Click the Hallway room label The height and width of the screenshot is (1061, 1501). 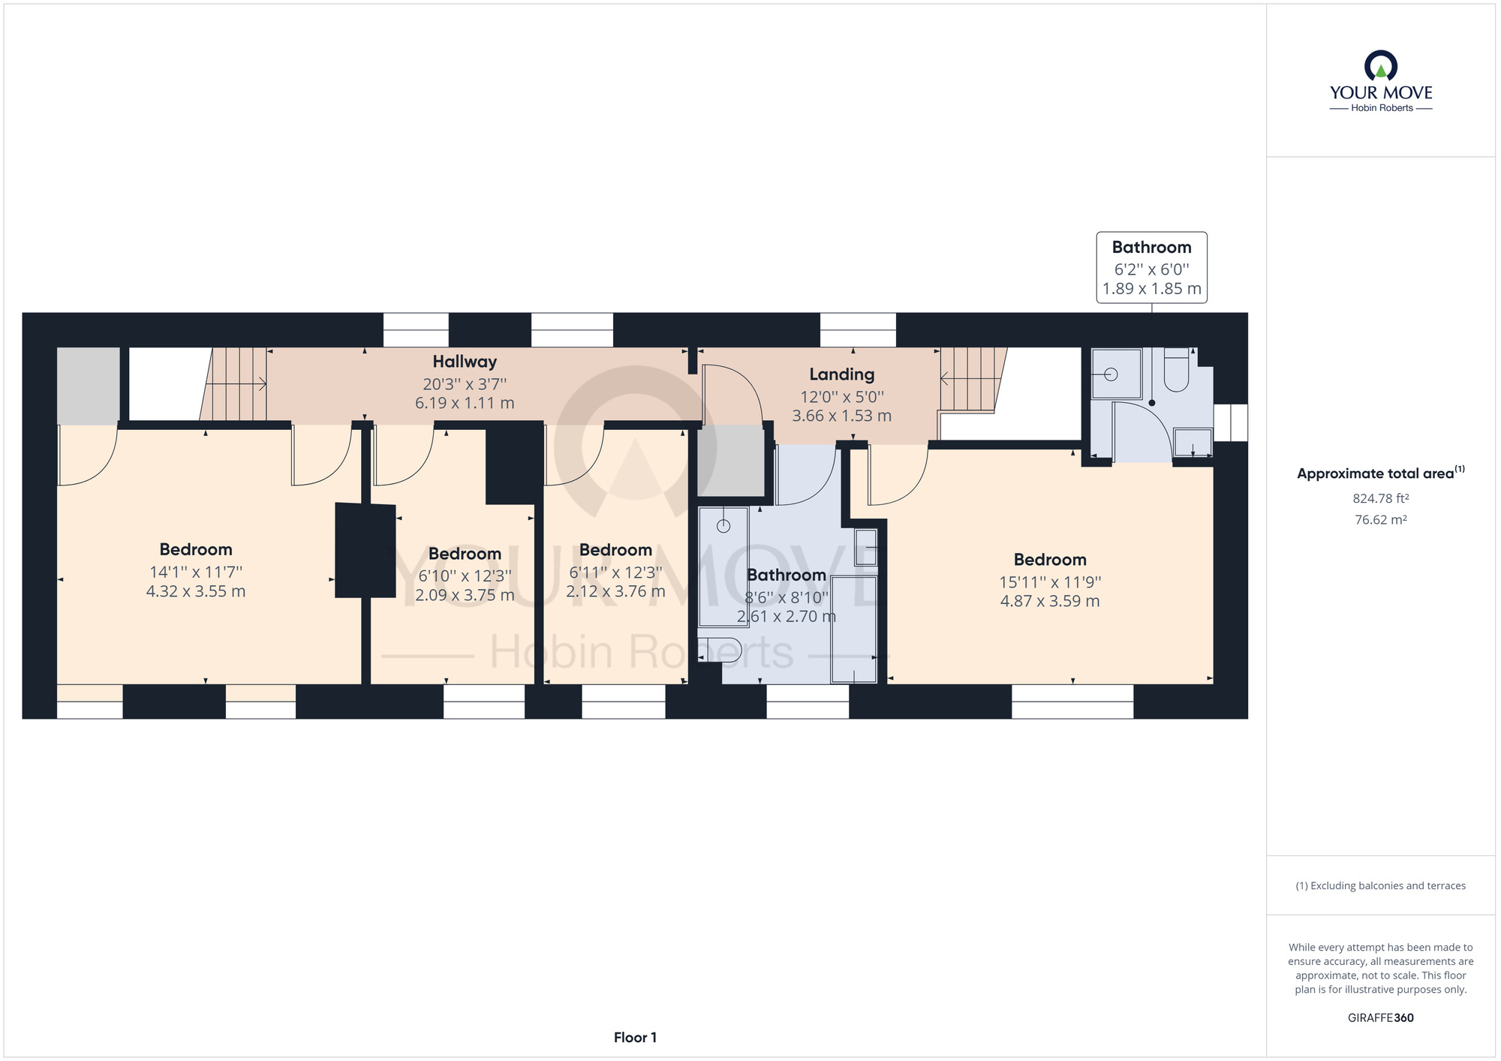[465, 362]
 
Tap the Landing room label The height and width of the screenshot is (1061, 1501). [841, 374]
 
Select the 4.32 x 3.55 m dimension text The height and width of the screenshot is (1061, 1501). [196, 591]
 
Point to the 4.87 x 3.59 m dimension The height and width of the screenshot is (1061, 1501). [1050, 601]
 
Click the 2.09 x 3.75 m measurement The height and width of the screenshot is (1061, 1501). [465, 595]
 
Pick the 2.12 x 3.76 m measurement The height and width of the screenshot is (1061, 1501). [615, 591]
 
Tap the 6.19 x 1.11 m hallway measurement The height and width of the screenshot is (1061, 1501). [465, 403]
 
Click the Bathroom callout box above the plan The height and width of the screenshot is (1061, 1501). [1151, 267]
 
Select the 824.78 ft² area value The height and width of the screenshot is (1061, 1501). [1380, 498]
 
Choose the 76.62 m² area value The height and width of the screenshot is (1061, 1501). [1380, 519]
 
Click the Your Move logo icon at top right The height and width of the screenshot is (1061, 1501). [1381, 65]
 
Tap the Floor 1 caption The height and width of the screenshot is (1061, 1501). [635, 1038]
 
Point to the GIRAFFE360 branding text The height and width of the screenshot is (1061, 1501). [1380, 1018]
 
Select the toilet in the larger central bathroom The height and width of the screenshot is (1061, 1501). [720, 650]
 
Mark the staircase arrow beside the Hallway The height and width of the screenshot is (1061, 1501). [236, 384]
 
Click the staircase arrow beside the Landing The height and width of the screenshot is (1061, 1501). [971, 378]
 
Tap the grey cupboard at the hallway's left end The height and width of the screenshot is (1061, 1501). [89, 386]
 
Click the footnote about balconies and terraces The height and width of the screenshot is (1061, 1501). [1380, 886]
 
